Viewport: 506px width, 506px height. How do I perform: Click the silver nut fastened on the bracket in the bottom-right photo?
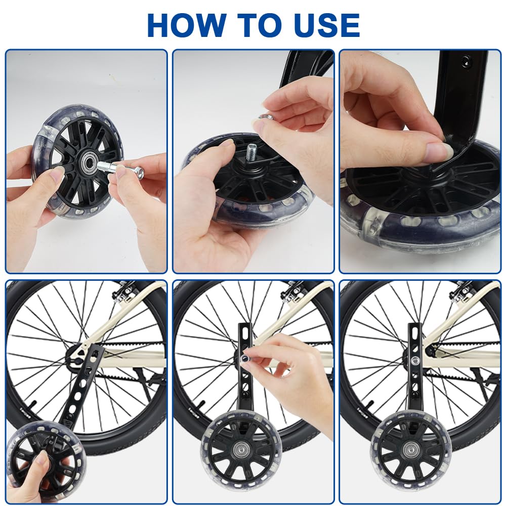[x=416, y=359]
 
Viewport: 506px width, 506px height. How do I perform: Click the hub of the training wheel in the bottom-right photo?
[x=410, y=448]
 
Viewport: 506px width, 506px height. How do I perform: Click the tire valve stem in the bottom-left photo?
[x=32, y=404]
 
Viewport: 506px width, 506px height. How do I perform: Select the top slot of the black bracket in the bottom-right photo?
[x=415, y=331]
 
